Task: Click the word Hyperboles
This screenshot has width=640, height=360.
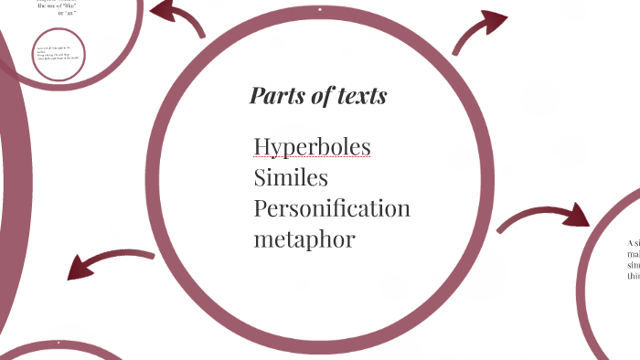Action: coord(312,147)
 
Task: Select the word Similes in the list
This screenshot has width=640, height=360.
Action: coord(291,177)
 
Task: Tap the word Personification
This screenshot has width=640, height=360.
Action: coord(332,208)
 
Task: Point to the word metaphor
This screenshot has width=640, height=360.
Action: coord(304,239)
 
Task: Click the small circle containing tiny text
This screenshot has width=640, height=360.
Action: coord(59,54)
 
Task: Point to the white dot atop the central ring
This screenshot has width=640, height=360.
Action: coord(320,10)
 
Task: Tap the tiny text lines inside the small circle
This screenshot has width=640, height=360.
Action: coord(58,52)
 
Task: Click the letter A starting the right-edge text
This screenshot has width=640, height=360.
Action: coord(631,243)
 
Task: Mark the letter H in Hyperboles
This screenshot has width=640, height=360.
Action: coord(262,147)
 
